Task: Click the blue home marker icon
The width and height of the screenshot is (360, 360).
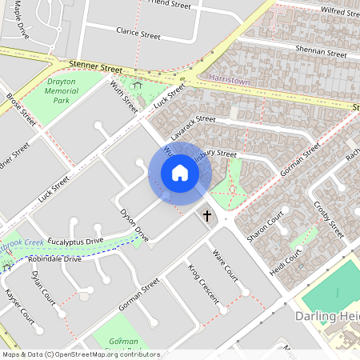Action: coord(180,173)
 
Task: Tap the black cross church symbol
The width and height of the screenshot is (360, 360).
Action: coord(207,215)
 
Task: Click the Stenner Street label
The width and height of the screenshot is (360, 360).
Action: coord(95,69)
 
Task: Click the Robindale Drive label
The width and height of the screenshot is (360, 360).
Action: coord(54,259)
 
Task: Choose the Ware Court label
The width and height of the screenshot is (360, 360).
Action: coord(226,265)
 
